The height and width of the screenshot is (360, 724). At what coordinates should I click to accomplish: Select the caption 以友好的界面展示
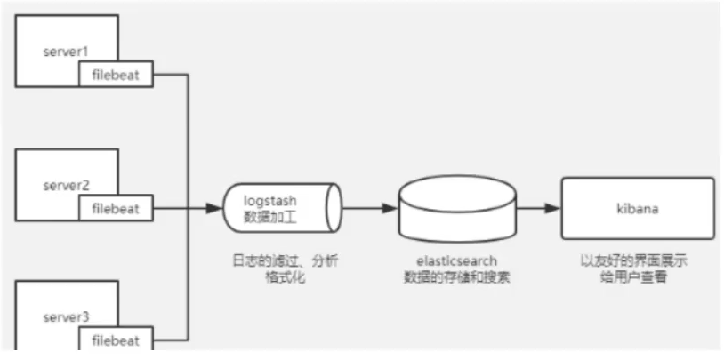(x=637, y=261)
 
